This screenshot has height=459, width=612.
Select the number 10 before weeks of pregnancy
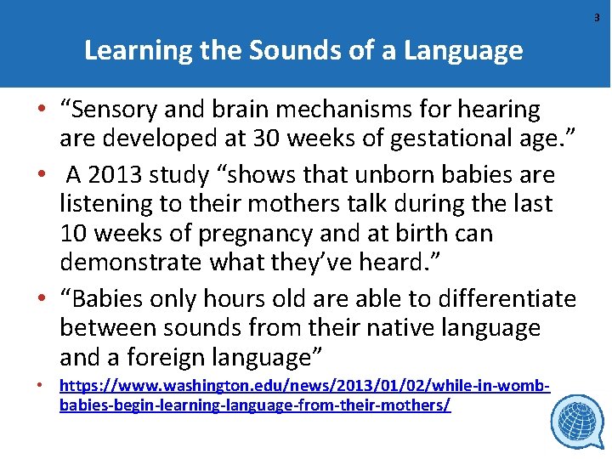click(x=75, y=233)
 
